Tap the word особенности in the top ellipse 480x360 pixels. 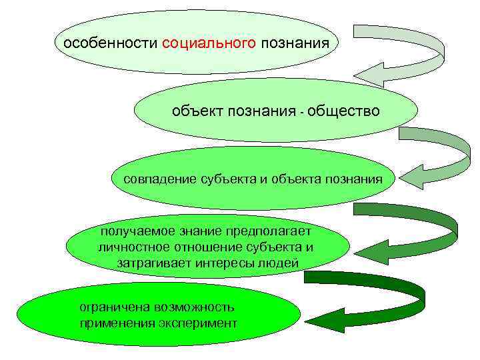pos(109,45)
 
